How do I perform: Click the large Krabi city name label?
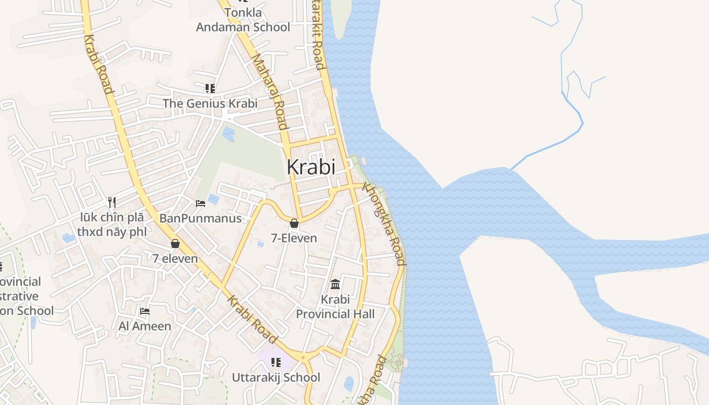click(311, 167)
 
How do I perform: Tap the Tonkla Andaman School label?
click(243, 20)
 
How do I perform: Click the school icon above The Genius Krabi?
click(210, 89)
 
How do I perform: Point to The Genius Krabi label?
click(210, 103)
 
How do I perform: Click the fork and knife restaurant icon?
click(112, 202)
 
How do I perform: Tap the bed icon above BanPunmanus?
click(201, 204)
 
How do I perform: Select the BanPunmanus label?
click(201, 218)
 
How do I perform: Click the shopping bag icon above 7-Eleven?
click(294, 223)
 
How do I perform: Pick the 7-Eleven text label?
click(294, 238)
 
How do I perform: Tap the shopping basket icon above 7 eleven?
click(175, 244)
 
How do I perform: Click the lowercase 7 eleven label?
click(175, 258)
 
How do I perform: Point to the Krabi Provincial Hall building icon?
click(335, 284)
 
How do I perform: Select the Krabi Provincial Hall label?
click(335, 306)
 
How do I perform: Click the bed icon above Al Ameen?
click(145, 311)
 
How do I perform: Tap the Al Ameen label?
click(145, 326)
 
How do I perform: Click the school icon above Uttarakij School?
click(276, 362)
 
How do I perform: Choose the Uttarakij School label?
click(276, 377)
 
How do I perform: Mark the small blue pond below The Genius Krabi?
click(228, 134)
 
